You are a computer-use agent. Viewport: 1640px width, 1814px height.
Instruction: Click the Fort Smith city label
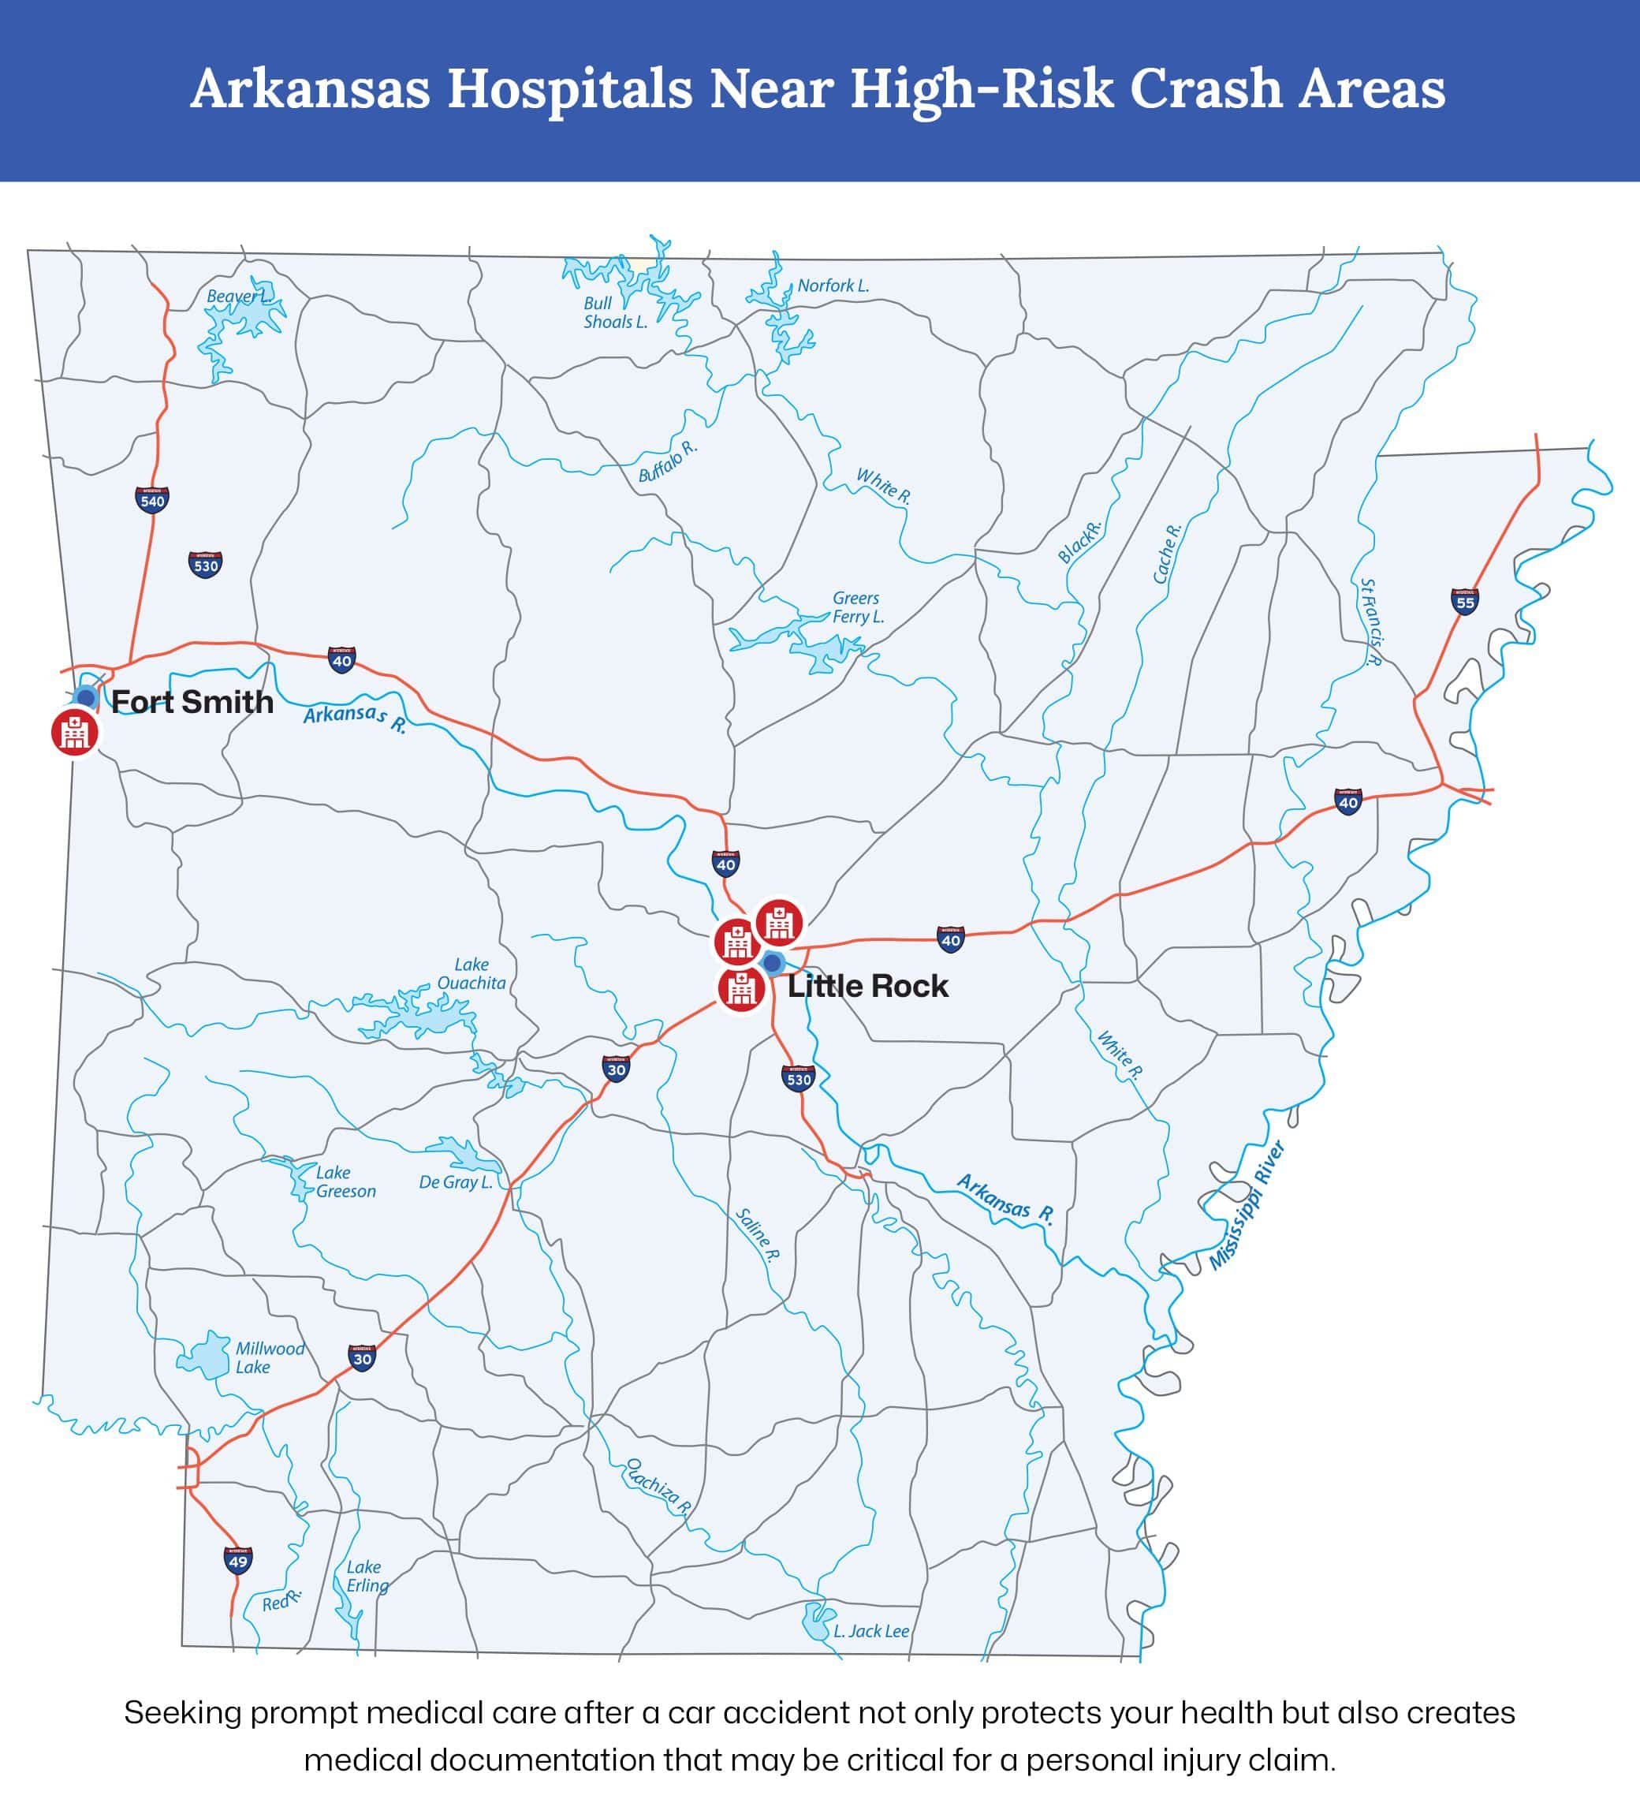click(192, 702)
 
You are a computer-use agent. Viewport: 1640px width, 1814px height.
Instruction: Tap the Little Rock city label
click(867, 986)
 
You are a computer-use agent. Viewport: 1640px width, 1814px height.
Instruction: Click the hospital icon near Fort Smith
click(75, 733)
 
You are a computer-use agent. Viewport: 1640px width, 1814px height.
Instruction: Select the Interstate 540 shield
click(152, 500)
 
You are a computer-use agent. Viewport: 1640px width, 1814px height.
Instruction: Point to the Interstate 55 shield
click(1465, 601)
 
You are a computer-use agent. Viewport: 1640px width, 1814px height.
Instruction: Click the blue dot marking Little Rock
click(772, 963)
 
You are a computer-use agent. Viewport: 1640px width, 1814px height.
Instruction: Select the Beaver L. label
click(237, 296)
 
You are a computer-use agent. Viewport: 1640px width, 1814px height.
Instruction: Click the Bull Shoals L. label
click(614, 312)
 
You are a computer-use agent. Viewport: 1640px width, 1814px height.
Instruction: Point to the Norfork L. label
click(833, 286)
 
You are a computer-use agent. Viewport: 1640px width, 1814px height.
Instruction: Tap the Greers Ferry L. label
click(857, 607)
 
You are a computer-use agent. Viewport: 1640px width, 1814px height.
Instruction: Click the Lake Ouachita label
click(471, 973)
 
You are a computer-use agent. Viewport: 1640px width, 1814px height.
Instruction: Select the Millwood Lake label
click(269, 1357)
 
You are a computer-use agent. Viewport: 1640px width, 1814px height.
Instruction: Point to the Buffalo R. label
click(668, 461)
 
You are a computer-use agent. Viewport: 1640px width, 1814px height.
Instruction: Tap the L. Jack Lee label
click(870, 1630)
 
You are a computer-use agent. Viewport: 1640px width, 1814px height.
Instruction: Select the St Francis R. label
click(1370, 621)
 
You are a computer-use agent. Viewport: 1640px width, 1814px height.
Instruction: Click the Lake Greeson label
click(345, 1181)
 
